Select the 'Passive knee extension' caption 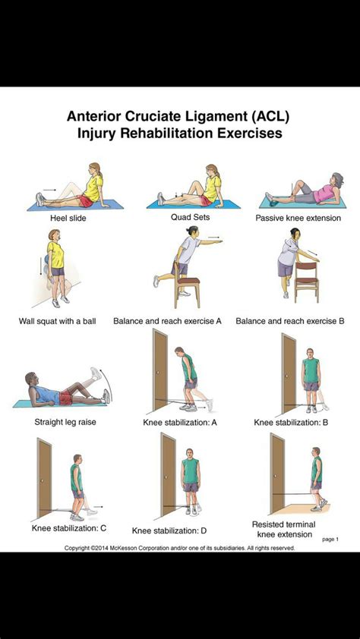[x=298, y=217]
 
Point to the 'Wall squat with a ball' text [x=57, y=321]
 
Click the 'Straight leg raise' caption [x=65, y=421]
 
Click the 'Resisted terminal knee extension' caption [x=283, y=529]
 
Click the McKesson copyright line [x=179, y=547]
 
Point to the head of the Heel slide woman [x=93, y=169]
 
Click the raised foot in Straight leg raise [x=95, y=373]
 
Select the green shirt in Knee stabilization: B [x=311, y=371]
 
